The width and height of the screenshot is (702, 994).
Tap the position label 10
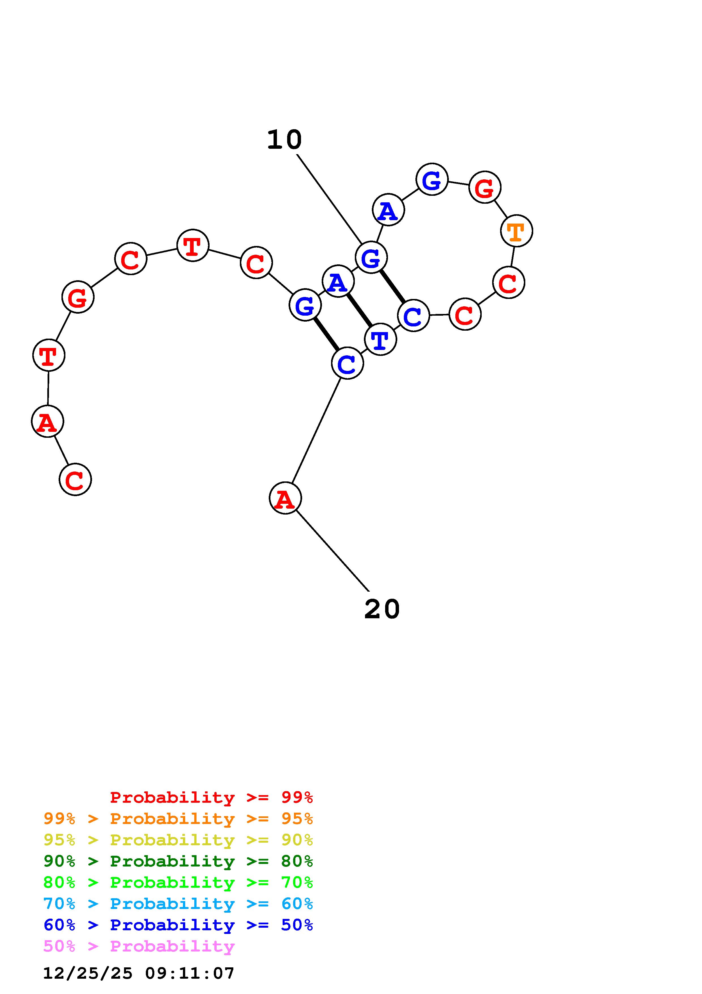click(284, 140)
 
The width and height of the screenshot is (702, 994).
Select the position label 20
click(382, 609)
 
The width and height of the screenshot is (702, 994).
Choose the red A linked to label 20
click(285, 498)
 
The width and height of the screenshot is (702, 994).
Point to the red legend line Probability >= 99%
click(211, 797)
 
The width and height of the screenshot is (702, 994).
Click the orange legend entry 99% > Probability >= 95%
click(178, 819)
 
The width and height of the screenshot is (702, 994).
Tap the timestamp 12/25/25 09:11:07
click(139, 973)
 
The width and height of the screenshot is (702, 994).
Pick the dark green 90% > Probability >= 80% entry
click(178, 861)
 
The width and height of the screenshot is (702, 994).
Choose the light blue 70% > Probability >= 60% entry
click(178, 904)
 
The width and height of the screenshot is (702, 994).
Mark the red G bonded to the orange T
click(485, 187)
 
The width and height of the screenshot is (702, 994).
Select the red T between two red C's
click(193, 245)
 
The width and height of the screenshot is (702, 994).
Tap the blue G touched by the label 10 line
click(371, 258)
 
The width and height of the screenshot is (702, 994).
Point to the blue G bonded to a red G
click(432, 179)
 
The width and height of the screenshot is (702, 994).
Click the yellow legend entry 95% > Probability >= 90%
click(178, 840)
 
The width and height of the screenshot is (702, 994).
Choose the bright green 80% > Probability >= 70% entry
click(178, 882)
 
